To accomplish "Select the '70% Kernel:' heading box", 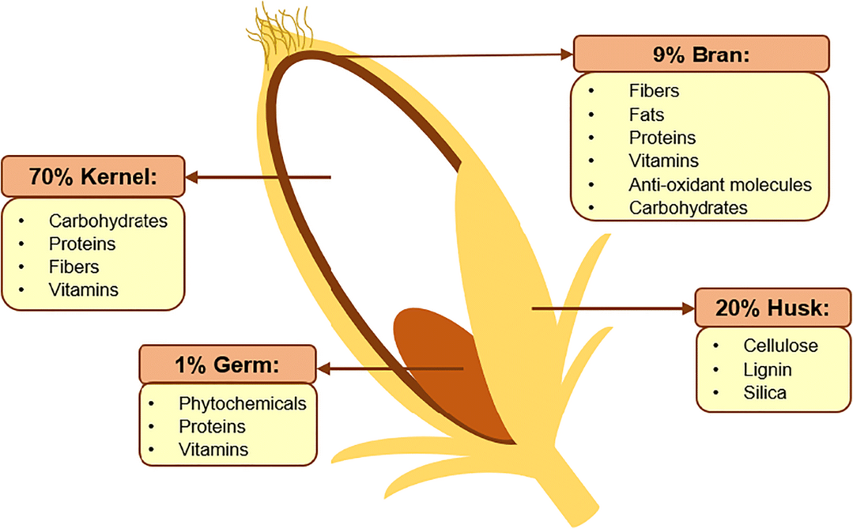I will point(92,176).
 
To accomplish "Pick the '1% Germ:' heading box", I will point(228,365).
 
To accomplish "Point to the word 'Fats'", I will point(647,115).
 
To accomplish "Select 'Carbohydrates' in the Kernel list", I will point(108,221).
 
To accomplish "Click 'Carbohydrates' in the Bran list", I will point(689,208).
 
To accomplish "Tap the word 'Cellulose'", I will point(780,346).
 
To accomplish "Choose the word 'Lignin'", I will point(768,369).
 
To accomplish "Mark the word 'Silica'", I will point(764,393).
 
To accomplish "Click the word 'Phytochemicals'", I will point(242,403).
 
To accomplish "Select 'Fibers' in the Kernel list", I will point(74,266).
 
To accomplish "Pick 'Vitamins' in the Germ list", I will point(213,450).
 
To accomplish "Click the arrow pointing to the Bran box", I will point(459,55).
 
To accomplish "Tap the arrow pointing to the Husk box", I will point(613,308).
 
